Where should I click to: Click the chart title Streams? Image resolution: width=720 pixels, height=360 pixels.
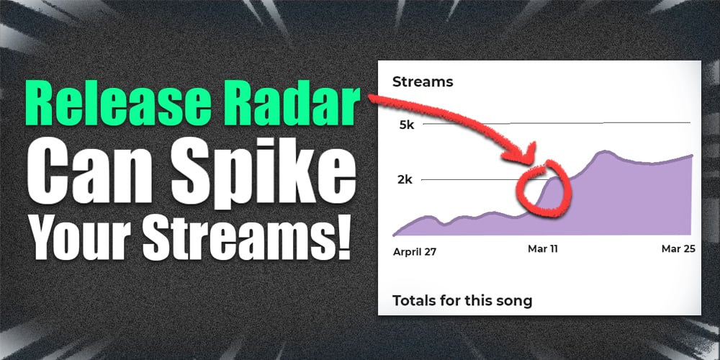click(423, 82)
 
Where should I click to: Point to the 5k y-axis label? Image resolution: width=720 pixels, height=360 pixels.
click(406, 125)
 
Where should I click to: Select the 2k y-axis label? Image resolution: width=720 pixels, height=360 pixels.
click(405, 179)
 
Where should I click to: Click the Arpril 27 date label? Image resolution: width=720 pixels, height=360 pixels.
click(415, 252)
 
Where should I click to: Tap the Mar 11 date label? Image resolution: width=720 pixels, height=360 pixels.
click(543, 249)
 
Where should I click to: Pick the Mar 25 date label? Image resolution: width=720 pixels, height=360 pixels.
click(678, 249)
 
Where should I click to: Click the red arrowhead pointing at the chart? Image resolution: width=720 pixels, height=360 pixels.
click(523, 154)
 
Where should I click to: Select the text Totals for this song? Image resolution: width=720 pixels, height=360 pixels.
click(462, 301)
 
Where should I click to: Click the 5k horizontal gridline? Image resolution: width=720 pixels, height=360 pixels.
click(557, 123)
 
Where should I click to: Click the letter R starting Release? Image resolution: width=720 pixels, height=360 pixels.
click(38, 105)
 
